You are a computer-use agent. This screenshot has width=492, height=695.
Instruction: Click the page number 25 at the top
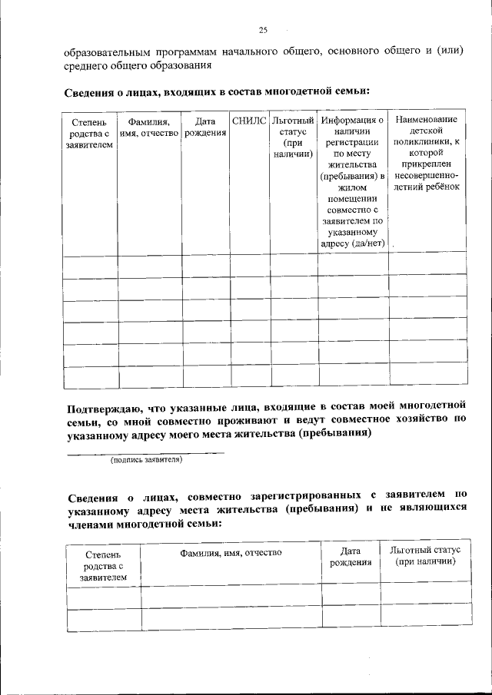click(262, 31)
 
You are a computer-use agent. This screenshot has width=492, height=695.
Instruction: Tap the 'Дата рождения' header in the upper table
click(204, 127)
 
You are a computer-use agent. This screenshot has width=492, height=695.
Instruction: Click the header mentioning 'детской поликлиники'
click(427, 153)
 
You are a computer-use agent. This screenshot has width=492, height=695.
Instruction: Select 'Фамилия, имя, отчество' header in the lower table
click(231, 552)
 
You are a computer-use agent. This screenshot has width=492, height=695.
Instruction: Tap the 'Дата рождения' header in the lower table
click(351, 557)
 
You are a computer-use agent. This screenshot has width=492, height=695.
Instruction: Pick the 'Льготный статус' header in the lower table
click(424, 557)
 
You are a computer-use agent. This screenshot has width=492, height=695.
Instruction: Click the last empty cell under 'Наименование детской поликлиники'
click(427, 378)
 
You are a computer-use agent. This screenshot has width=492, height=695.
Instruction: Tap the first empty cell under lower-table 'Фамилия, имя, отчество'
click(231, 595)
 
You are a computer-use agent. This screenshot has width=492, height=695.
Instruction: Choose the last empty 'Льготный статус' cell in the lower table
click(424, 617)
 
